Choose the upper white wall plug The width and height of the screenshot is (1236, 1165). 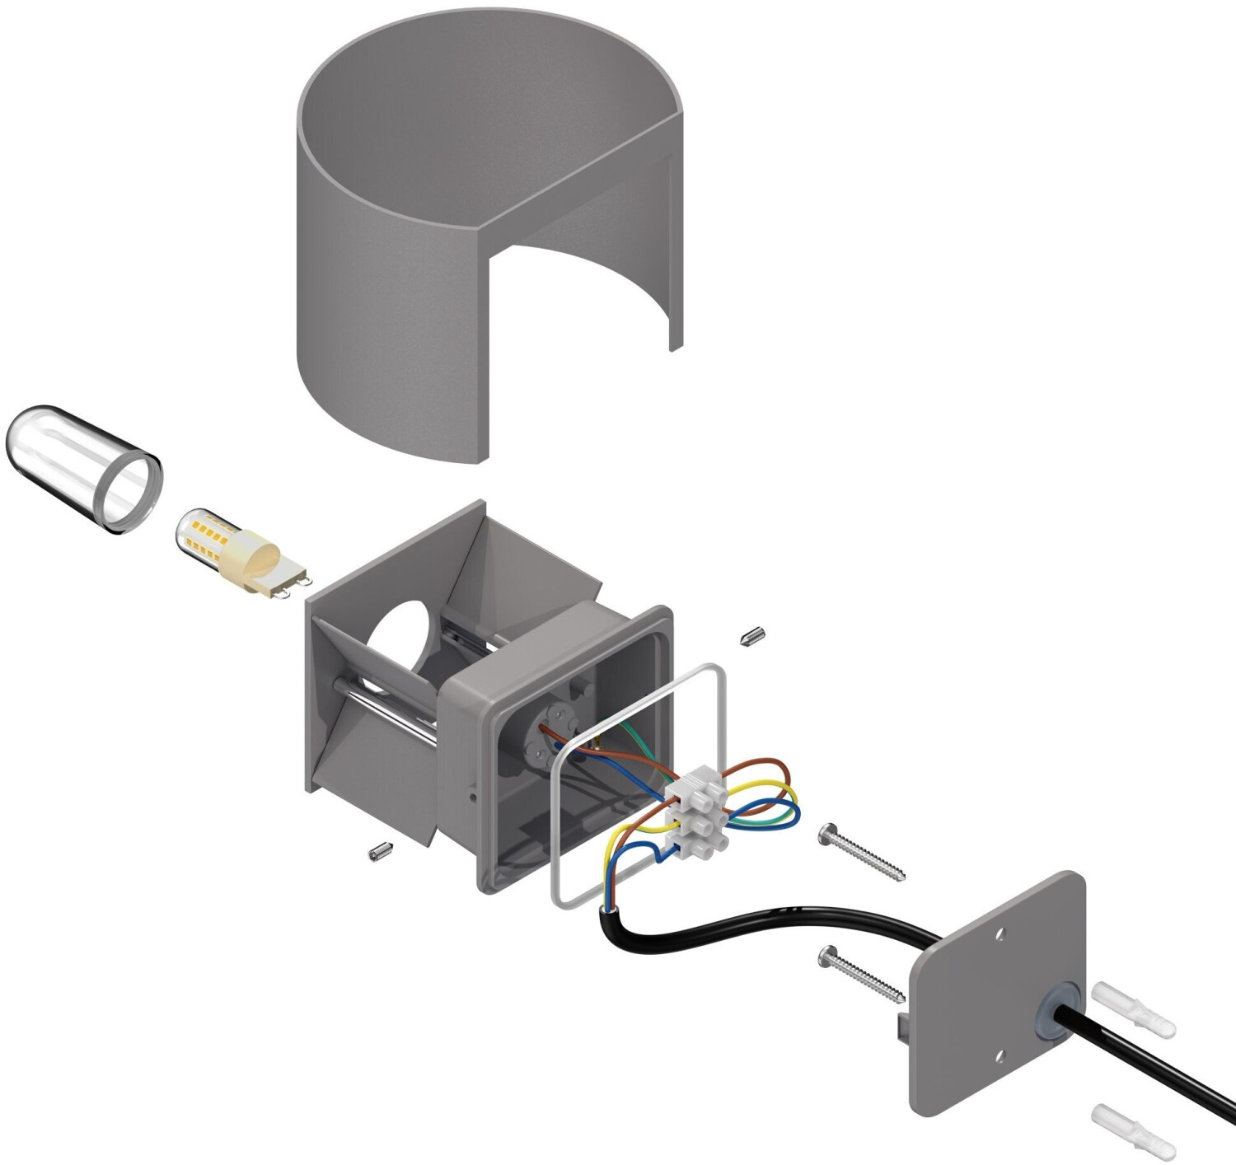[1134, 1009]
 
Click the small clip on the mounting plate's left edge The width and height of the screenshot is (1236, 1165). [903, 1026]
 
